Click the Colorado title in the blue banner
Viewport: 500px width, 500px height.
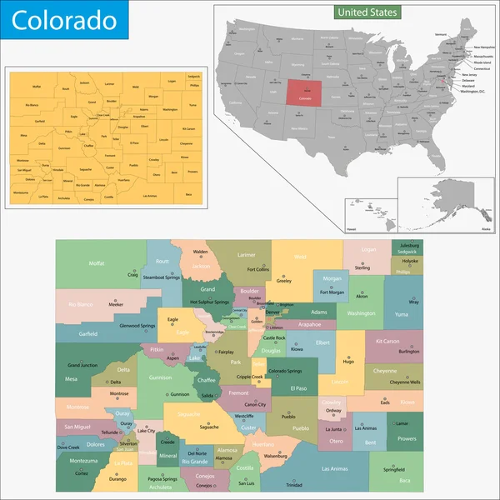[x=51, y=18]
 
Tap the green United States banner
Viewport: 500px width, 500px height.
[x=367, y=12]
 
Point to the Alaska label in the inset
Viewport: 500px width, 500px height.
[x=463, y=227]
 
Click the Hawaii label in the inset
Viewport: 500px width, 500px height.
[x=352, y=227]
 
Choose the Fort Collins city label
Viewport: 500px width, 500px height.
[x=258, y=270]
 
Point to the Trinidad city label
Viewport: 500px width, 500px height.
[x=294, y=484]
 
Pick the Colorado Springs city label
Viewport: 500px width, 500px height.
[x=287, y=371]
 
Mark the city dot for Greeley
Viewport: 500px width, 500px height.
[x=283, y=275]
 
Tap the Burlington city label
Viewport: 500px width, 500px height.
[x=408, y=352]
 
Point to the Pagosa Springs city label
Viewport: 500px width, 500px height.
[x=160, y=479]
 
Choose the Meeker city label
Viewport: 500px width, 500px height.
[x=116, y=305]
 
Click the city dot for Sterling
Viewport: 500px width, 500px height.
[x=362, y=262]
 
